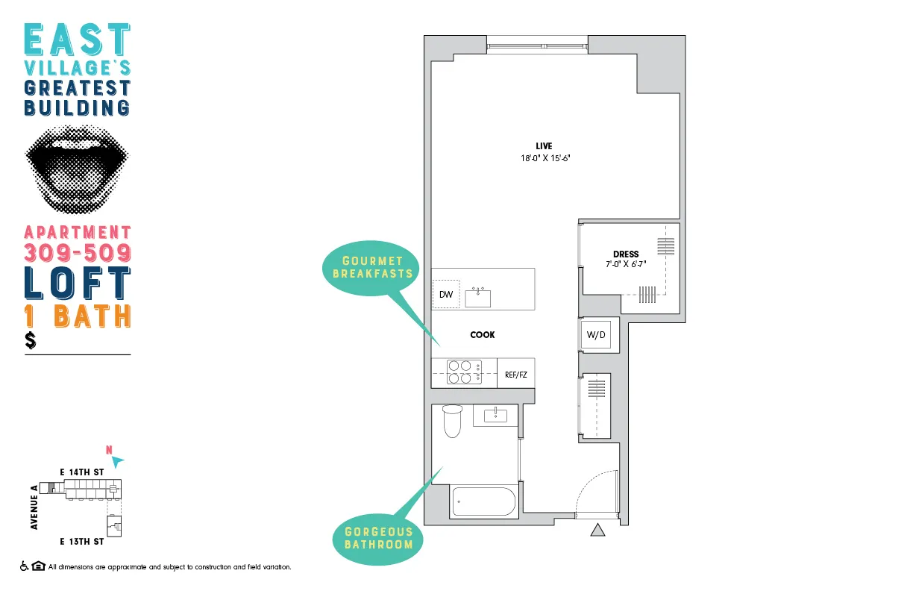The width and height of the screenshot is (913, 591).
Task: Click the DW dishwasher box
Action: [x=446, y=294]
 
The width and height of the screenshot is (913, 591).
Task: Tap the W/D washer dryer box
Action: [x=596, y=335]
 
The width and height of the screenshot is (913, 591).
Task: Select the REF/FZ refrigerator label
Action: [x=515, y=375]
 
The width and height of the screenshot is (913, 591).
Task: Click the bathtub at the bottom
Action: [x=484, y=501]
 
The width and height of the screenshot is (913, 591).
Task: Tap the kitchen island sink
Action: [x=477, y=298]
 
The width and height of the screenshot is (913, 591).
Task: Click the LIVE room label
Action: [x=544, y=146]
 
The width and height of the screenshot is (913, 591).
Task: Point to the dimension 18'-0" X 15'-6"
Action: [x=546, y=158]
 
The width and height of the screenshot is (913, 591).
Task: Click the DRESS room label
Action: [x=627, y=254]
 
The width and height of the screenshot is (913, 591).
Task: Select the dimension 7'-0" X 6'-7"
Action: [x=625, y=264]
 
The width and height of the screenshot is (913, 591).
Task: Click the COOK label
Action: [x=483, y=335]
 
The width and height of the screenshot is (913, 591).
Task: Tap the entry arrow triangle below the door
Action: [x=597, y=531]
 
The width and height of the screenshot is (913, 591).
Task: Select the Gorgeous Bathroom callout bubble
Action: [x=378, y=538]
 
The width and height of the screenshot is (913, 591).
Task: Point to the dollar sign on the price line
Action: [x=31, y=341]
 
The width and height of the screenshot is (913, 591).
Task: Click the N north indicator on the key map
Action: [x=110, y=450]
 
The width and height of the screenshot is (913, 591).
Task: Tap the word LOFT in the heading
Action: [x=78, y=283]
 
